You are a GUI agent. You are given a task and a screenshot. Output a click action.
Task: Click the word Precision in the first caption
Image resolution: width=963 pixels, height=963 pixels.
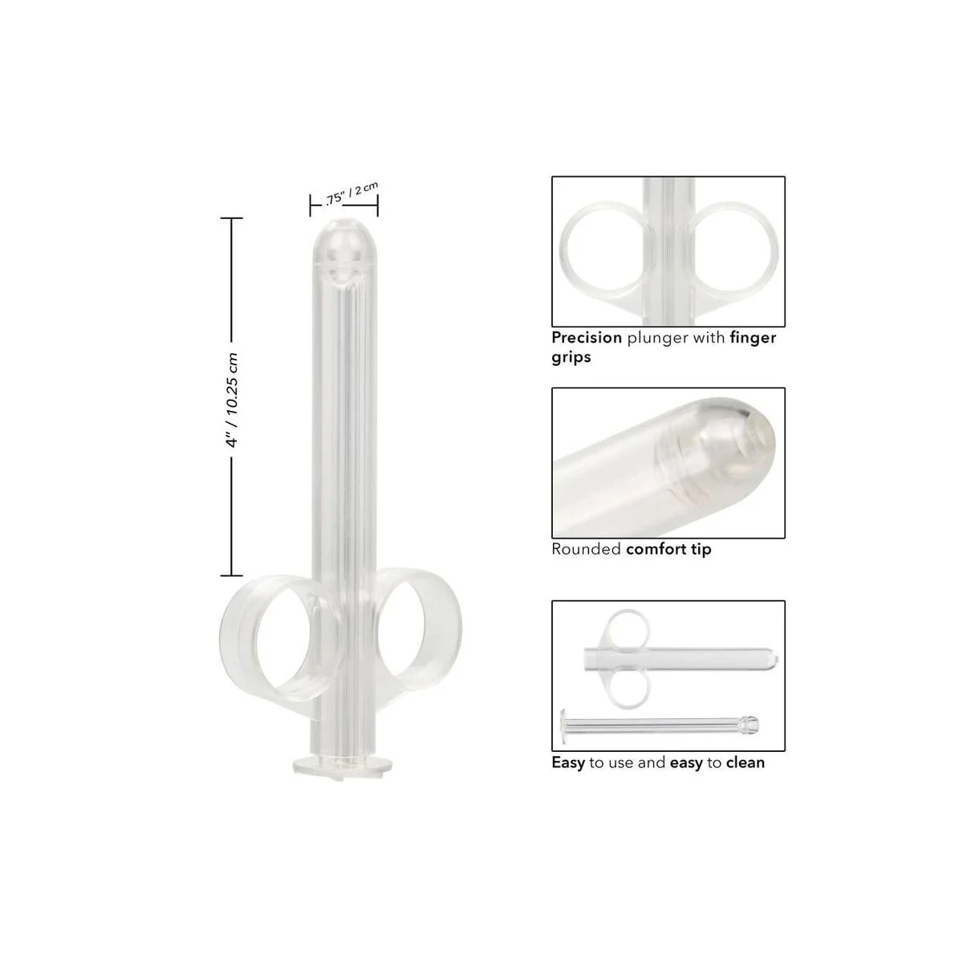click(x=587, y=338)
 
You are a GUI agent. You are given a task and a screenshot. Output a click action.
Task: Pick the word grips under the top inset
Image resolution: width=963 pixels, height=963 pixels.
click(x=571, y=358)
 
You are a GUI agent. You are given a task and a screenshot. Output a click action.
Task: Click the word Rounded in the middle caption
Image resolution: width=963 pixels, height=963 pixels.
click(x=586, y=550)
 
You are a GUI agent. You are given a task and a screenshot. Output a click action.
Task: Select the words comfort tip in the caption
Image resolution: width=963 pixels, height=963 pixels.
click(x=668, y=550)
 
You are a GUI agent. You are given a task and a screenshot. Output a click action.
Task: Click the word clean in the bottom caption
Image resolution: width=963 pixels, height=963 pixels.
click(x=745, y=762)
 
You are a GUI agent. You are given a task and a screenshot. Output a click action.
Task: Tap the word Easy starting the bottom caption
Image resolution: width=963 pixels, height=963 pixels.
click(x=568, y=762)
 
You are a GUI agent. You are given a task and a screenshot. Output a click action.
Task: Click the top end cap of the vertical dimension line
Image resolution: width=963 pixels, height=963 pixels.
click(x=232, y=217)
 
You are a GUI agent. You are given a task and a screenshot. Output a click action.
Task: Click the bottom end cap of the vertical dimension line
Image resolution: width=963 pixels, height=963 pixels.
click(x=232, y=575)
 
